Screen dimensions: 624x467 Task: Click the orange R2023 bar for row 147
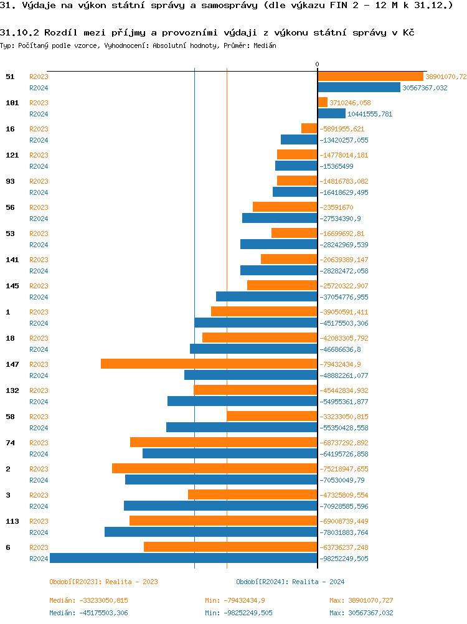[209, 364]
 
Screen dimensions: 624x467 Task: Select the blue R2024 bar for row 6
[184, 558]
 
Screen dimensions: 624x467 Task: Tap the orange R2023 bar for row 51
[370, 77]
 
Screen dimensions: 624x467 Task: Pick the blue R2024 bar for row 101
[331, 113]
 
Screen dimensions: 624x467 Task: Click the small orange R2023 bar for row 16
[309, 128]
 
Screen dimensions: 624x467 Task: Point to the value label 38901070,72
[446, 77]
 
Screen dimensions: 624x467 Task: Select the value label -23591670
[337, 207]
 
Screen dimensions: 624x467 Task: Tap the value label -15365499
[337, 166]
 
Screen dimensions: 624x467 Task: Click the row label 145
[12, 286]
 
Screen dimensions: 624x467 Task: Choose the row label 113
[12, 521]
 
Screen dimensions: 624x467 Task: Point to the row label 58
[10, 417]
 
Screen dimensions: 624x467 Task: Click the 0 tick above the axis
[317, 65]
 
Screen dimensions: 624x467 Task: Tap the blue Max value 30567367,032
[361, 613]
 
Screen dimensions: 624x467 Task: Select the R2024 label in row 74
[39, 454]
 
